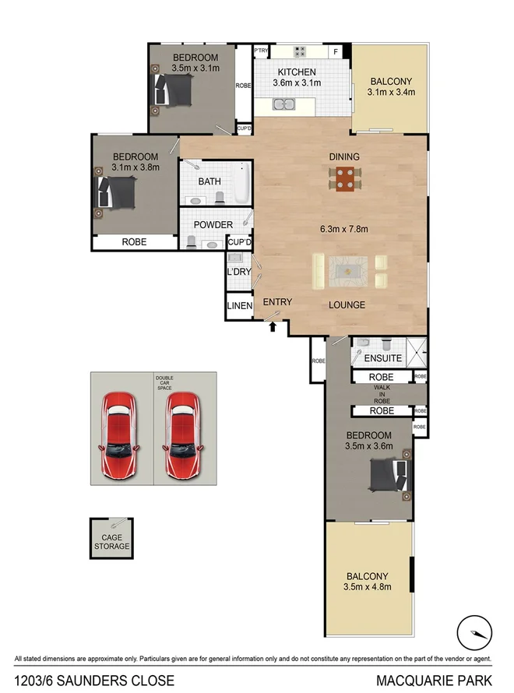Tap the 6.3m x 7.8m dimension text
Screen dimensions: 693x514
[343, 229]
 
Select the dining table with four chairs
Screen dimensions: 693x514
[344, 179]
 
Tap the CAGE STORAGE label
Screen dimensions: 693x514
[111, 541]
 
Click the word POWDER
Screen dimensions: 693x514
[213, 225]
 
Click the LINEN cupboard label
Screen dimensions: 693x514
[240, 306]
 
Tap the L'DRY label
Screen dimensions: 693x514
[238, 273]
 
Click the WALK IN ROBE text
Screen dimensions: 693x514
[382, 393]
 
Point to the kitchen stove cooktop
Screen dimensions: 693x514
[301, 51]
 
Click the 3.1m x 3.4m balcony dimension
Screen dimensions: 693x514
[391, 92]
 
